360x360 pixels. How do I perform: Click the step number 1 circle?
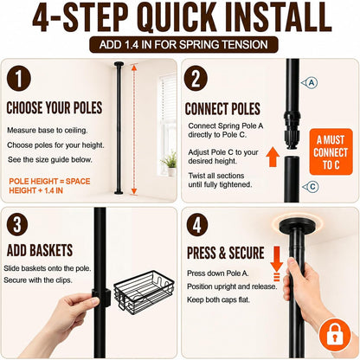(19, 79)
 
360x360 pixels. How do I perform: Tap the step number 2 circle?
(196, 79)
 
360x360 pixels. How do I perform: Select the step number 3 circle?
(17, 225)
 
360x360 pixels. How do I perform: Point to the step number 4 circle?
(197, 225)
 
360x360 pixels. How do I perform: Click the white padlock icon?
(335, 334)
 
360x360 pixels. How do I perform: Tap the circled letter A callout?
(310, 83)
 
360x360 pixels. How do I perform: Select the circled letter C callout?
(311, 187)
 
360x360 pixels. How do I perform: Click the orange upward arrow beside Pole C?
(273, 157)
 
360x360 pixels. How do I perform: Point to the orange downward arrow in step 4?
(277, 259)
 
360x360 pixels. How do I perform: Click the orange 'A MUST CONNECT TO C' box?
(331, 152)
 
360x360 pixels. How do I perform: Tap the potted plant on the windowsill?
(170, 164)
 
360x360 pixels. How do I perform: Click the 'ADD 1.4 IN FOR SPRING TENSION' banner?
(183, 45)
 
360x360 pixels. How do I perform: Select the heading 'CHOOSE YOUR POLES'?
(55, 108)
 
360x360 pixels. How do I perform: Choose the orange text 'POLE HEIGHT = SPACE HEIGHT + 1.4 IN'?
(49, 186)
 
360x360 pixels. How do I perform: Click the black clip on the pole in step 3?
(101, 297)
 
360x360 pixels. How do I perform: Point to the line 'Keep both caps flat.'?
(218, 299)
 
